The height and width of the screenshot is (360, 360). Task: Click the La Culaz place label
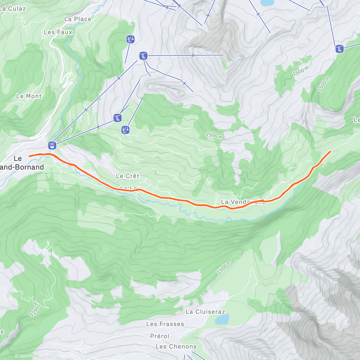coord(13,8)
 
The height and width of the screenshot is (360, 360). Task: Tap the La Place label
coord(78,19)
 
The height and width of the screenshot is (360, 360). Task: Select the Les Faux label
coord(58,32)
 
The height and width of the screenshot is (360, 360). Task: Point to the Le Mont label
coord(29,96)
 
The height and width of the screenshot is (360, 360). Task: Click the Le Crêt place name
coord(127,176)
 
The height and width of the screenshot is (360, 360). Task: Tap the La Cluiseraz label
coord(205,312)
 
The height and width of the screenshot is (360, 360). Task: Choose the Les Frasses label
coord(165,324)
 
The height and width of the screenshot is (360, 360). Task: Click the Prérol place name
coord(160,336)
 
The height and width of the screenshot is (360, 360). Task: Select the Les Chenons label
coord(176,346)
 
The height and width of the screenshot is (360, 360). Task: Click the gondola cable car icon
coord(52,146)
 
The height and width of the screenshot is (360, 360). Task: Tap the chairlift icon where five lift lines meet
coord(143,56)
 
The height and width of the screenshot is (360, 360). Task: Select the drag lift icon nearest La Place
coord(130,39)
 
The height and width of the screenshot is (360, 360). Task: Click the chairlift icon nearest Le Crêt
coord(118,118)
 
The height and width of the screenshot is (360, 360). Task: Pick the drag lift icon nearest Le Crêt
coord(125,130)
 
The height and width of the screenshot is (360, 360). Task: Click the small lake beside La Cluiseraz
coord(222,319)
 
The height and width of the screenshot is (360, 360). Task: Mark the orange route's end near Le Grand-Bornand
coord(29,156)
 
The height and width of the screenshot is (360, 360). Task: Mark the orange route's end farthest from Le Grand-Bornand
coord(330,151)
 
